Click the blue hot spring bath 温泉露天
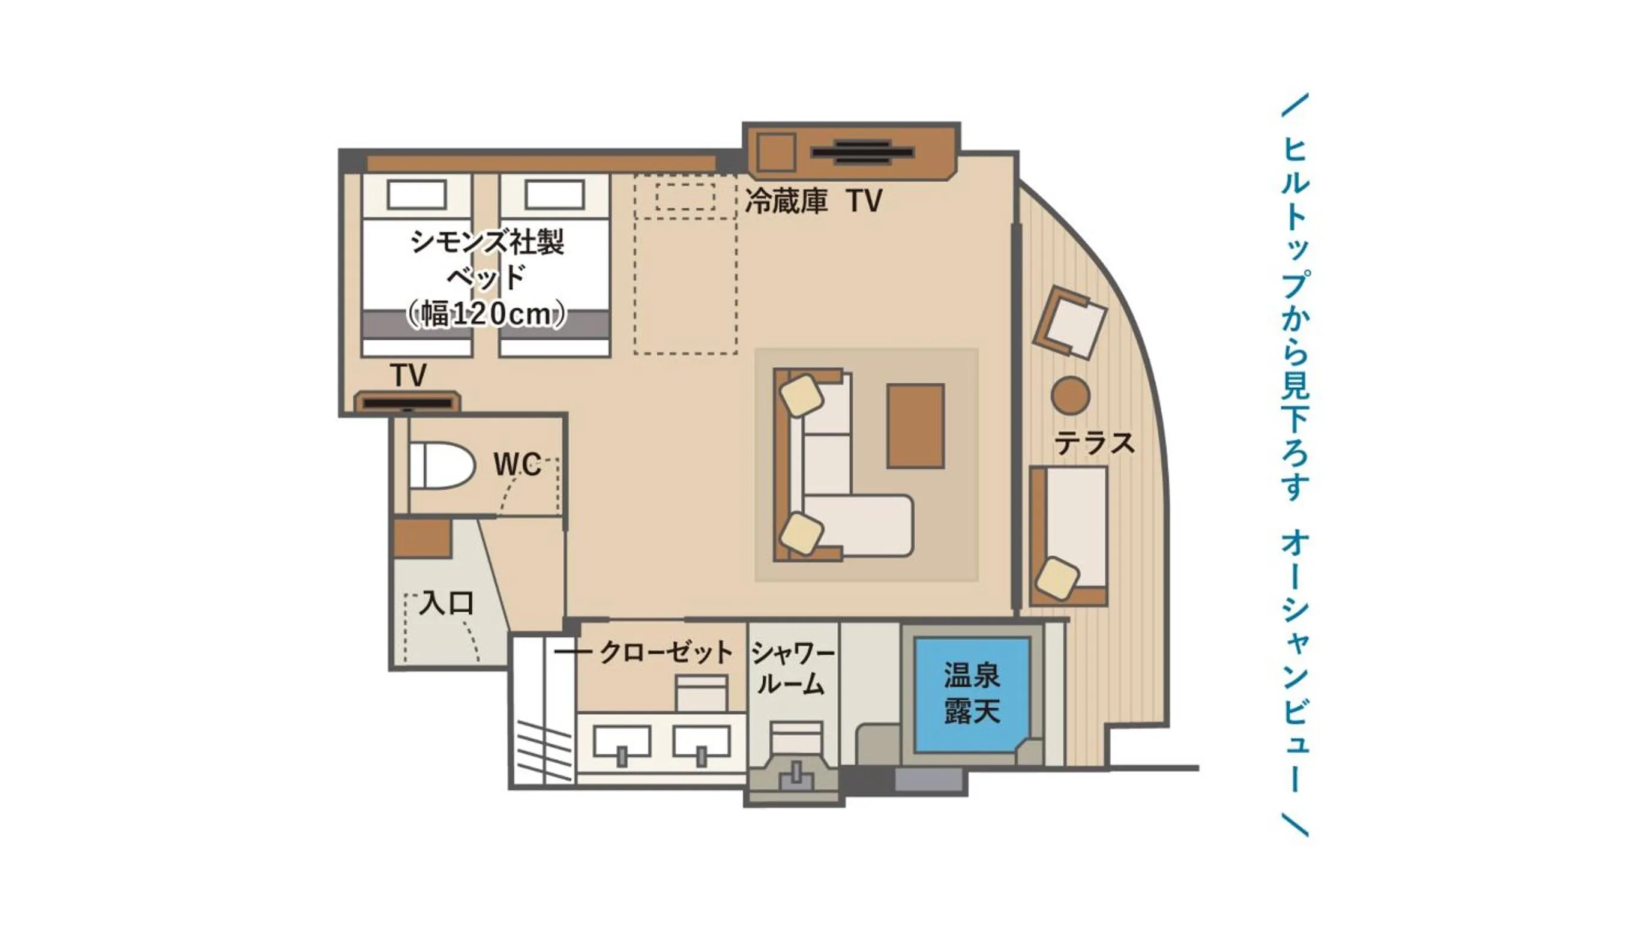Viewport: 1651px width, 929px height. point(972,694)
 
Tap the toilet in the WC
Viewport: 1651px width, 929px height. point(442,465)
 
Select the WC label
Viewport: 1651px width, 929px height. point(517,464)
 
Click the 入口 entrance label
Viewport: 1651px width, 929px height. point(446,604)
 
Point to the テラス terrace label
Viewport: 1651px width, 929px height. point(1094,443)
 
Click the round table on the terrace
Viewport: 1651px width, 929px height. point(1070,395)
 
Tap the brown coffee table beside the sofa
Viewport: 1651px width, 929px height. point(915,426)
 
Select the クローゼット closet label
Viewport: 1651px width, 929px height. point(666,653)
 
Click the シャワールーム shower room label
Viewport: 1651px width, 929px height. point(793,669)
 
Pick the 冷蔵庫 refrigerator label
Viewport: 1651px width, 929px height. point(786,201)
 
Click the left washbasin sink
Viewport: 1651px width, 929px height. point(622,743)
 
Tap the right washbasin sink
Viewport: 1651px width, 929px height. point(701,743)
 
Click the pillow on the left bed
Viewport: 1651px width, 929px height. point(417,195)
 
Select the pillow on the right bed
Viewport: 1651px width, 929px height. point(555,195)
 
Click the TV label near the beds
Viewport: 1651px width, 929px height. point(409,376)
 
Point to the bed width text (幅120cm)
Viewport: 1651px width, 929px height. point(487,314)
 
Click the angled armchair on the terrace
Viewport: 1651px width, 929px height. point(1069,322)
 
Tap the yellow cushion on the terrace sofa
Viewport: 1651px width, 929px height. point(1057,579)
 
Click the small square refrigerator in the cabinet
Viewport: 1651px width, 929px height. point(776,152)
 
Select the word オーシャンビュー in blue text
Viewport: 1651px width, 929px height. point(1295,661)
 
